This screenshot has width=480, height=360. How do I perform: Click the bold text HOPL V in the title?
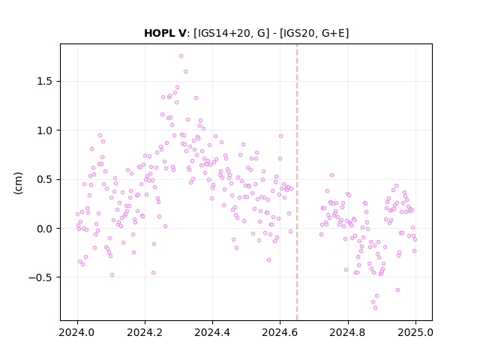pyautogui.click(x=165, y=33)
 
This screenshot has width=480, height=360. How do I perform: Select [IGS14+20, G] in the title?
pyautogui.click(x=232, y=33)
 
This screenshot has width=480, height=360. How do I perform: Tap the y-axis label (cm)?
pyautogui.click(x=18, y=183)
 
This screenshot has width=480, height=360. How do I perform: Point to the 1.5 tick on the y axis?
pyautogui.click(x=45, y=82)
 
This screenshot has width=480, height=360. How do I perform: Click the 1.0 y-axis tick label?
pyautogui.click(x=45, y=130)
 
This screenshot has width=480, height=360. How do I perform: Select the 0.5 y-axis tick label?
pyautogui.click(x=45, y=179)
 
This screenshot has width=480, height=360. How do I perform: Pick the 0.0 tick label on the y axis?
pyautogui.click(x=45, y=229)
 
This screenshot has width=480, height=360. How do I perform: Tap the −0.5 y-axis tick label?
pyautogui.click(x=40, y=277)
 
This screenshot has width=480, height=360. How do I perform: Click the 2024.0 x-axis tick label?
pyautogui.click(x=77, y=332)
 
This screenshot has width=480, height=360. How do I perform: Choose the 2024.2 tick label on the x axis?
pyautogui.click(x=145, y=332)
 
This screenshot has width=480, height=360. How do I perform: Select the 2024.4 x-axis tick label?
pyautogui.click(x=212, y=332)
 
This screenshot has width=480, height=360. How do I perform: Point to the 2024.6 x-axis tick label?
pyautogui.click(x=280, y=332)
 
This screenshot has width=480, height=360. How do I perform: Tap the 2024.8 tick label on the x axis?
pyautogui.click(x=348, y=332)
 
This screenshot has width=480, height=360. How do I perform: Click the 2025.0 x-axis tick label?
pyautogui.click(x=415, y=332)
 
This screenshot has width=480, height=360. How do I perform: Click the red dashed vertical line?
pyautogui.click(x=297, y=182)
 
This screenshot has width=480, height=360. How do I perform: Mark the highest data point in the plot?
pyautogui.click(x=181, y=56)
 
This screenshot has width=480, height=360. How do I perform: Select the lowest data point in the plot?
pyautogui.click(x=375, y=308)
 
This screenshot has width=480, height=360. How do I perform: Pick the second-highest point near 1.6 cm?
pyautogui.click(x=185, y=72)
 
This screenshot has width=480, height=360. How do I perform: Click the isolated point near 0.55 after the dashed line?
pyautogui.click(x=331, y=175)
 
